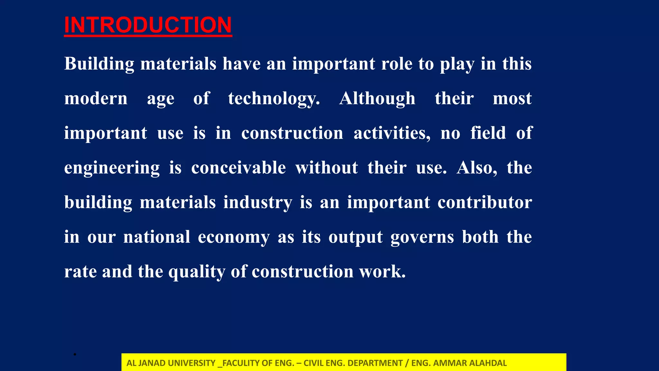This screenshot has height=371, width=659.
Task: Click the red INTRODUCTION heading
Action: (x=148, y=25)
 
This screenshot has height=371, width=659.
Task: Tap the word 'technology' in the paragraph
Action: (x=274, y=99)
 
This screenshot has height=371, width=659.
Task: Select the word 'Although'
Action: (x=377, y=99)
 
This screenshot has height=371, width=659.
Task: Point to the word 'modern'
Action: (x=96, y=99)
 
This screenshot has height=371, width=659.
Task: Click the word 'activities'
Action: (x=392, y=133)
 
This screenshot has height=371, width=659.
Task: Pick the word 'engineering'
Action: (x=112, y=168)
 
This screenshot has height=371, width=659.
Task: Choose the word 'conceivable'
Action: (x=238, y=168)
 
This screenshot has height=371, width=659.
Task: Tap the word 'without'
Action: (x=327, y=168)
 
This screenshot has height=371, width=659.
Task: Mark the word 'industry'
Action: (x=258, y=203)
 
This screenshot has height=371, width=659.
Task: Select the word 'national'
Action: (x=157, y=237)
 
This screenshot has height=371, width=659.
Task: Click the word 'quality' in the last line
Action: (x=197, y=272)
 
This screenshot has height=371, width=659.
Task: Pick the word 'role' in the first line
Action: (x=396, y=64)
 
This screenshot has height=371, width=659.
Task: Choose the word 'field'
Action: (x=488, y=133)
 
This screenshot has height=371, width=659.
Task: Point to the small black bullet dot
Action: (x=75, y=355)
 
